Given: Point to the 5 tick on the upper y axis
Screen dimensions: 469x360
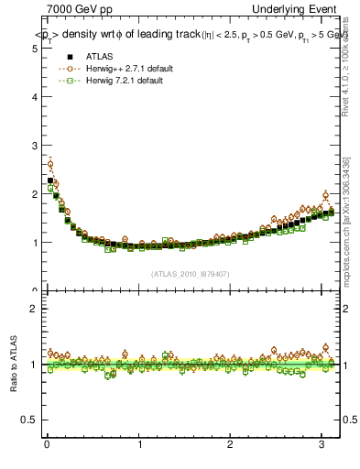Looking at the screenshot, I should pyautogui.click(x=35, y=47).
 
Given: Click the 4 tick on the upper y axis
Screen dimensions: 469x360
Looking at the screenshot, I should pyautogui.click(x=35, y=96).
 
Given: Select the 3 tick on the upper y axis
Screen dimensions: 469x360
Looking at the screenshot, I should pyautogui.click(x=35, y=145).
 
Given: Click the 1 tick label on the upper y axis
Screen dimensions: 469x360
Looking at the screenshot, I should pyautogui.click(x=35, y=243).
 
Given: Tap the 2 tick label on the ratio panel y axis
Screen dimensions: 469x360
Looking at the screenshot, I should pyautogui.click(x=35, y=309).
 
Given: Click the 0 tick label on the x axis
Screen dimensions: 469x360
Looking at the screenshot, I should pyautogui.click(x=47, y=445).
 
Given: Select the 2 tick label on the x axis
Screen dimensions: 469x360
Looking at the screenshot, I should pyautogui.click(x=230, y=445).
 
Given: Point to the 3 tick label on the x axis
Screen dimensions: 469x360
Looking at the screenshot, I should pyautogui.click(x=322, y=445).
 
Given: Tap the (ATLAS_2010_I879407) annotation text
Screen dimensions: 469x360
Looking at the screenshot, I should pyautogui.click(x=191, y=273).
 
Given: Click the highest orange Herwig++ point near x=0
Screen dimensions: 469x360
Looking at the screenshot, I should pyautogui.click(x=50, y=165).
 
